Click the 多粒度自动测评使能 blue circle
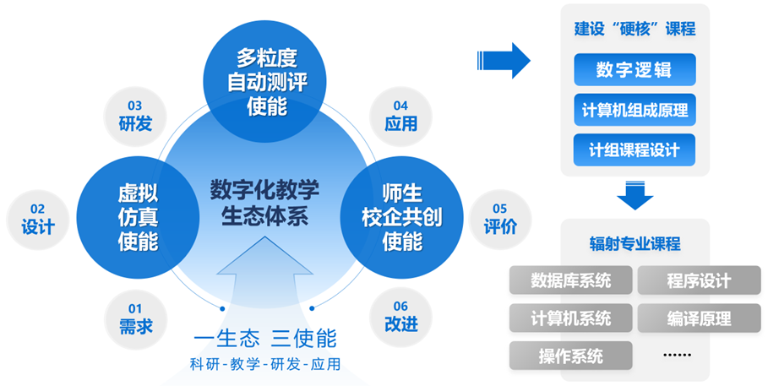pos(267,81)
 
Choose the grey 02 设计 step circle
pos(37,218)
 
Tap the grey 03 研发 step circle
pos(135,115)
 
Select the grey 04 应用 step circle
pos(400,115)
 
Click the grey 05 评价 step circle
pos(500,218)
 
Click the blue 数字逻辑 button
pos(635,70)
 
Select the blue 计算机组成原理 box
pos(635,110)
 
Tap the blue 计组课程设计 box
pos(635,150)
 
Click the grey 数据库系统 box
pos(570,280)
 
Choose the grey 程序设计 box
pos(698,280)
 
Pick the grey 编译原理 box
pos(698,318)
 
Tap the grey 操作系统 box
pos(570,356)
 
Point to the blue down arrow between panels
pos(635,195)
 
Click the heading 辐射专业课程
pos(635,244)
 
